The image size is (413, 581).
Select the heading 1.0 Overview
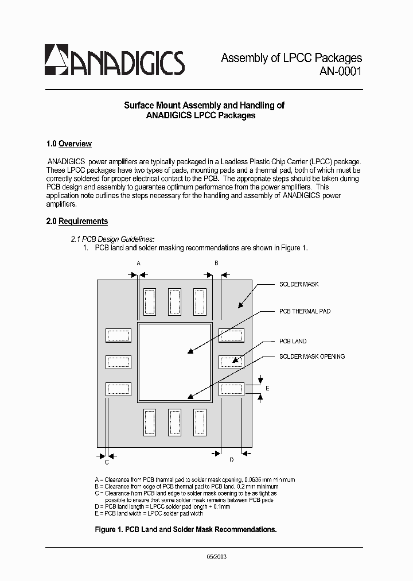tap(69, 144)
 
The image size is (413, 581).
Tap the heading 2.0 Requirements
tap(77, 222)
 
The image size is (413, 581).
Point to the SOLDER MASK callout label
tap(299, 284)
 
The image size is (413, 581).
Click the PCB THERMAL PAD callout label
tap(305, 311)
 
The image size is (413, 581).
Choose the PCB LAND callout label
tap(293, 341)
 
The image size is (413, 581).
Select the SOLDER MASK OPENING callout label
tap(312, 357)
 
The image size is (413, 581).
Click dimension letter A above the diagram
tap(138, 262)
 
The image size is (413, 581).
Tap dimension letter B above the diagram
tap(216, 262)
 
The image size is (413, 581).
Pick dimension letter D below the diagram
tap(231, 459)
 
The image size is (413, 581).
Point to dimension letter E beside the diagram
tap(267, 388)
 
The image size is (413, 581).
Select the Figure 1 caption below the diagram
tap(185, 529)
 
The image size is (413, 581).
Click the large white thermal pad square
tap(174, 362)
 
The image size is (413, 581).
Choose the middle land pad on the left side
tap(118, 362)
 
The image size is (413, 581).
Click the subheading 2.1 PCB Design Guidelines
tap(112, 239)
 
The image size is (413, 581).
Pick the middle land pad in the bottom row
tap(174, 422)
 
